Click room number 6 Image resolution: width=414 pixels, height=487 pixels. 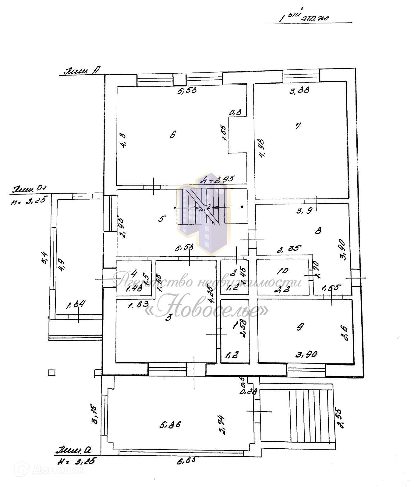(x=173, y=135)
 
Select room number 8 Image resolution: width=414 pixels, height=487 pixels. (x=318, y=231)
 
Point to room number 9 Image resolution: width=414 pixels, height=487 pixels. (x=300, y=327)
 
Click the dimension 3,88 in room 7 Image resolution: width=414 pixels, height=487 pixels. (x=299, y=90)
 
